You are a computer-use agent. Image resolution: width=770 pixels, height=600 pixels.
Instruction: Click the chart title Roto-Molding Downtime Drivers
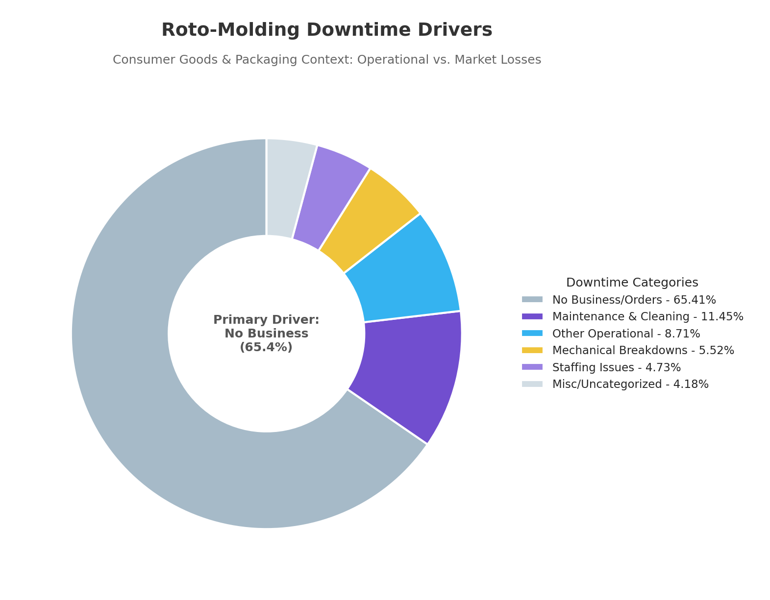point(326,30)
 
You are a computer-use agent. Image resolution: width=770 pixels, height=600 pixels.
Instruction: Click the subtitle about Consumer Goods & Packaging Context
point(326,60)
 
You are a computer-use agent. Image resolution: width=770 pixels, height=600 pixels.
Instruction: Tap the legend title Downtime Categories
point(632,283)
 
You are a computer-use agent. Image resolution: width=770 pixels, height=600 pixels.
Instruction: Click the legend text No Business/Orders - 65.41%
point(634,300)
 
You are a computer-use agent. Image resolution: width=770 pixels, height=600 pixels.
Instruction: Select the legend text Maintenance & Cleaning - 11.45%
point(647,317)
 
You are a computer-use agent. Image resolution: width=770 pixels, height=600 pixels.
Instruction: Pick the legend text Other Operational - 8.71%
point(626,334)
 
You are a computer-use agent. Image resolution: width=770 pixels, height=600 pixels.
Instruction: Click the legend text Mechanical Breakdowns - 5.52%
point(643,351)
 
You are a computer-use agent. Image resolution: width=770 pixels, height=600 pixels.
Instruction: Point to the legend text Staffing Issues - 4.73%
point(616,367)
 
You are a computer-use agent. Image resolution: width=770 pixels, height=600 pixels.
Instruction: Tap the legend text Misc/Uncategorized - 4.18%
point(630,384)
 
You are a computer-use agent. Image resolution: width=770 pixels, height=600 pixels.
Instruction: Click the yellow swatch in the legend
point(532,350)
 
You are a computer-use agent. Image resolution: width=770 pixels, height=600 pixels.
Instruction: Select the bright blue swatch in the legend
point(532,334)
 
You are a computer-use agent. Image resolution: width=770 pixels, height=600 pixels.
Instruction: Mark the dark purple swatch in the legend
point(532,316)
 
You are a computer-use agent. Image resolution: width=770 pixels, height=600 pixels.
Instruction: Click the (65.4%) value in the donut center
point(266,347)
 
